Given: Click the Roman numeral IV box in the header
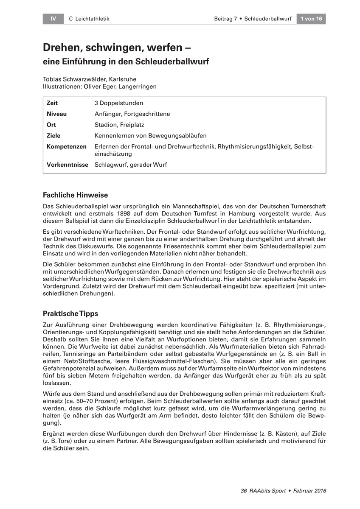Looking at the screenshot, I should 53,19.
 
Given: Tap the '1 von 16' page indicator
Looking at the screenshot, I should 311,19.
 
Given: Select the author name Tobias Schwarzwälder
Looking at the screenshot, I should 75,79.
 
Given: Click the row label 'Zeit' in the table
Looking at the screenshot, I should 52,103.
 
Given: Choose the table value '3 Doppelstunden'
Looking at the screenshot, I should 119,103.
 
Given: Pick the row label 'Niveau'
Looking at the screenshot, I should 56,114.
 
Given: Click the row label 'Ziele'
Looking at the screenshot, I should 53,136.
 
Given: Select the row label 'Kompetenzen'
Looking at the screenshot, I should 66,146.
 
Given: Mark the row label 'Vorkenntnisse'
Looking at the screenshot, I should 67,165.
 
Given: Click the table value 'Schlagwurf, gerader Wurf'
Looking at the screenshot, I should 131,165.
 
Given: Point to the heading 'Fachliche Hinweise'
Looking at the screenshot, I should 76,195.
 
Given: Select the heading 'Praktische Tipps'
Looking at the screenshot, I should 70,314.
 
